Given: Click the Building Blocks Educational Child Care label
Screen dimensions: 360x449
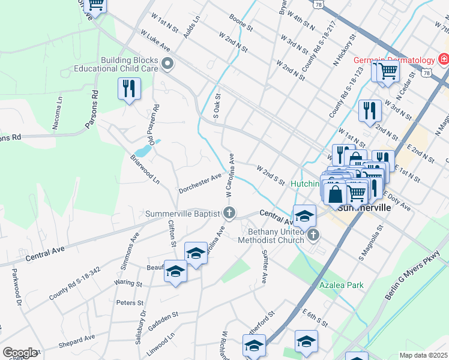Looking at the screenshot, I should pos(129,64).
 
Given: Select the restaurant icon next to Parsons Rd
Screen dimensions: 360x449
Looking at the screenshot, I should pos(129,89).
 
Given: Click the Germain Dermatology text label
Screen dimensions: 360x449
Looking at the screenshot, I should pos(393,60).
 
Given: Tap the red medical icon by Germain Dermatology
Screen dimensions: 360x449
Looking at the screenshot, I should pos(444,59).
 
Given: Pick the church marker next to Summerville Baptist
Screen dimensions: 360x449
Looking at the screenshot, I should pos(229,212).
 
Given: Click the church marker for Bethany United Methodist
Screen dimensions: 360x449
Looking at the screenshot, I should pos(313,236).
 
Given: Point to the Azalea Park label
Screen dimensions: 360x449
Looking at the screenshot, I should pos(341,286).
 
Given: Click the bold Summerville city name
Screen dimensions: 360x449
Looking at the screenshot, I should pos(364,208).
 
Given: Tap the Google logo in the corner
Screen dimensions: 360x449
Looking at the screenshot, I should pos(20,353).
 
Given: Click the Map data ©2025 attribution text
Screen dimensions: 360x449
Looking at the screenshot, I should pos(423,355).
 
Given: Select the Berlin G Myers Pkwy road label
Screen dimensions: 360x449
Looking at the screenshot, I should pos(414,276).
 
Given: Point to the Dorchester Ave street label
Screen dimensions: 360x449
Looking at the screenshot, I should pos(200,183).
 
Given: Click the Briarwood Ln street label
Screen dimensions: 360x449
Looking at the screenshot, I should pos(145,170).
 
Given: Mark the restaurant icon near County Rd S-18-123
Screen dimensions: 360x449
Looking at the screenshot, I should pos(370,110).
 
